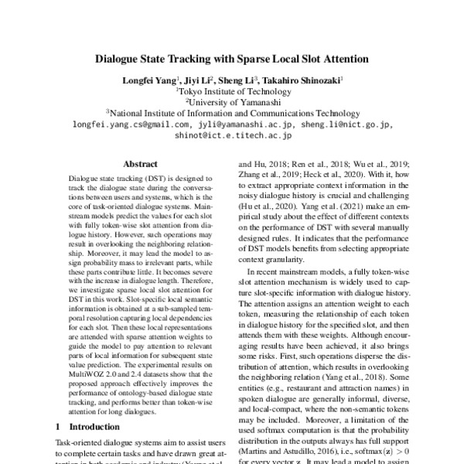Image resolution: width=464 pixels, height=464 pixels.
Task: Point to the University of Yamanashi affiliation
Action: [233, 101]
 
